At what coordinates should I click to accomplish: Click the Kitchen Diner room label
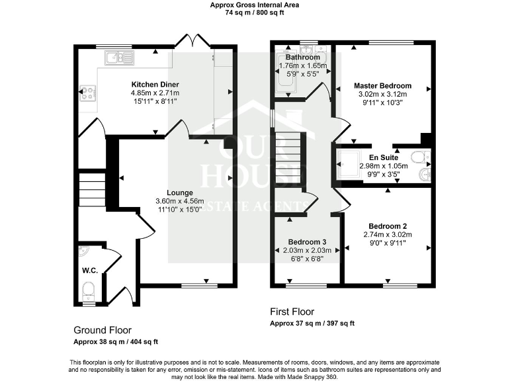point(155,85)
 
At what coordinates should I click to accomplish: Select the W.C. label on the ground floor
point(89,270)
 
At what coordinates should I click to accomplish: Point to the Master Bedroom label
point(382,86)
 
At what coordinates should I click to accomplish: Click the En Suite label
point(388,157)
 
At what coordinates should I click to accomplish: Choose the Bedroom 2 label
point(388,226)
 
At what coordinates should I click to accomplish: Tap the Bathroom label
point(303,58)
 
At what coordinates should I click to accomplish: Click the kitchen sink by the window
point(119,59)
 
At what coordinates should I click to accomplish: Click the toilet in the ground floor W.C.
point(89,290)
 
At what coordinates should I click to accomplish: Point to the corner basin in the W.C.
point(83,252)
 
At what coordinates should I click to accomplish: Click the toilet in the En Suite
point(419,157)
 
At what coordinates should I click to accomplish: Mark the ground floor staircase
point(92,189)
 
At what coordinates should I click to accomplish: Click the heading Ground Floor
point(103,330)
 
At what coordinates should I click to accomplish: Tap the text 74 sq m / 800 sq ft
point(253,12)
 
